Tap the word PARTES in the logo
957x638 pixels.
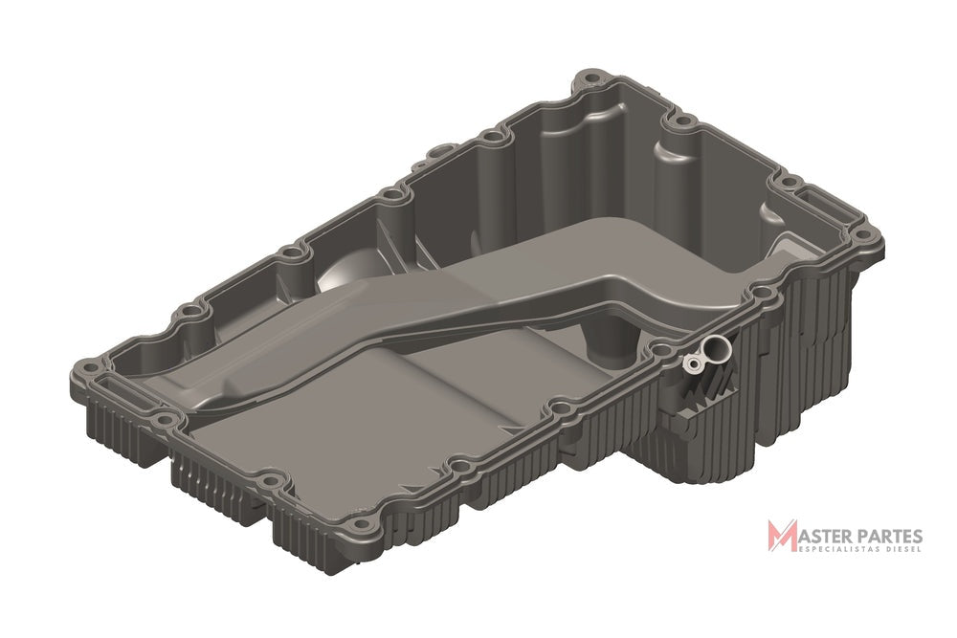click(x=892, y=537)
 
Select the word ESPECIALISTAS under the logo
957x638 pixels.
click(x=840, y=550)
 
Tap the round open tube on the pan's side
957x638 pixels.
click(x=714, y=349)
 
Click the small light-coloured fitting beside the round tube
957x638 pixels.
click(x=693, y=365)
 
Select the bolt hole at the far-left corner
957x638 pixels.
click(x=89, y=367)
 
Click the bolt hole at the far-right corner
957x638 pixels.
click(x=862, y=234)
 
